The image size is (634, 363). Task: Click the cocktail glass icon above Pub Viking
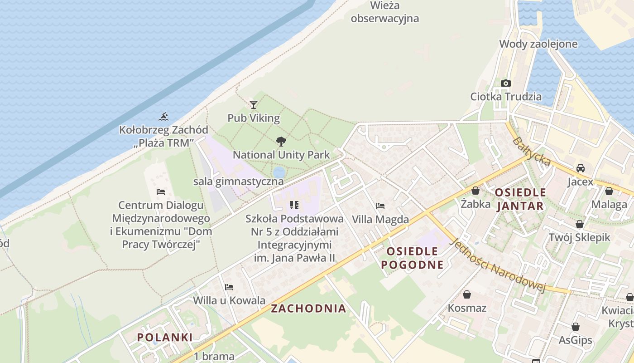254,105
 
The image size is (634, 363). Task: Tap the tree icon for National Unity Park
281,141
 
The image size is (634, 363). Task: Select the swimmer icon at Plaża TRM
164,117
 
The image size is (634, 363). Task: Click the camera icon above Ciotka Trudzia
506,83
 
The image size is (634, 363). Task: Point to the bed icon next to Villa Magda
380,206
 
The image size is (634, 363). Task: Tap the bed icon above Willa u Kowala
229,287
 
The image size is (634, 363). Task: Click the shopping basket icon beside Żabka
475,191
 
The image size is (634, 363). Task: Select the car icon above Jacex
580,168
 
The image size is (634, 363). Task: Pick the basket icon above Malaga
609,191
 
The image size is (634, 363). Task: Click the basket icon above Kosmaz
467,294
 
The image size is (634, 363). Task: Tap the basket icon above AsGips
576,327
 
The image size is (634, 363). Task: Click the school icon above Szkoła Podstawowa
294,205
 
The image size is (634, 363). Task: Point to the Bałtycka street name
532,152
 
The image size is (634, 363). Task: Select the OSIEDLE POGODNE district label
412,258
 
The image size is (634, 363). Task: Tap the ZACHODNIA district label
308,309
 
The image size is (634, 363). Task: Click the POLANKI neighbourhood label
165,337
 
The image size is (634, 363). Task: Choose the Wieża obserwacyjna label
385,12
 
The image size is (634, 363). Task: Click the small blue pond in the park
279,172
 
